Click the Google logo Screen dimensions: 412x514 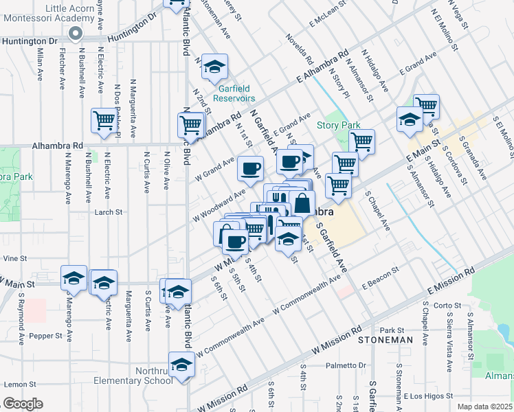23,404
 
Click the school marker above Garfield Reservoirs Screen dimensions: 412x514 216,67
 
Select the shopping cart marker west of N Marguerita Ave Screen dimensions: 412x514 104,120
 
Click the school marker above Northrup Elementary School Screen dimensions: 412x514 182,364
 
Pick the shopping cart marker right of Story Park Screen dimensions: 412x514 361,141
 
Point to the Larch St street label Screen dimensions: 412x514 109,212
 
